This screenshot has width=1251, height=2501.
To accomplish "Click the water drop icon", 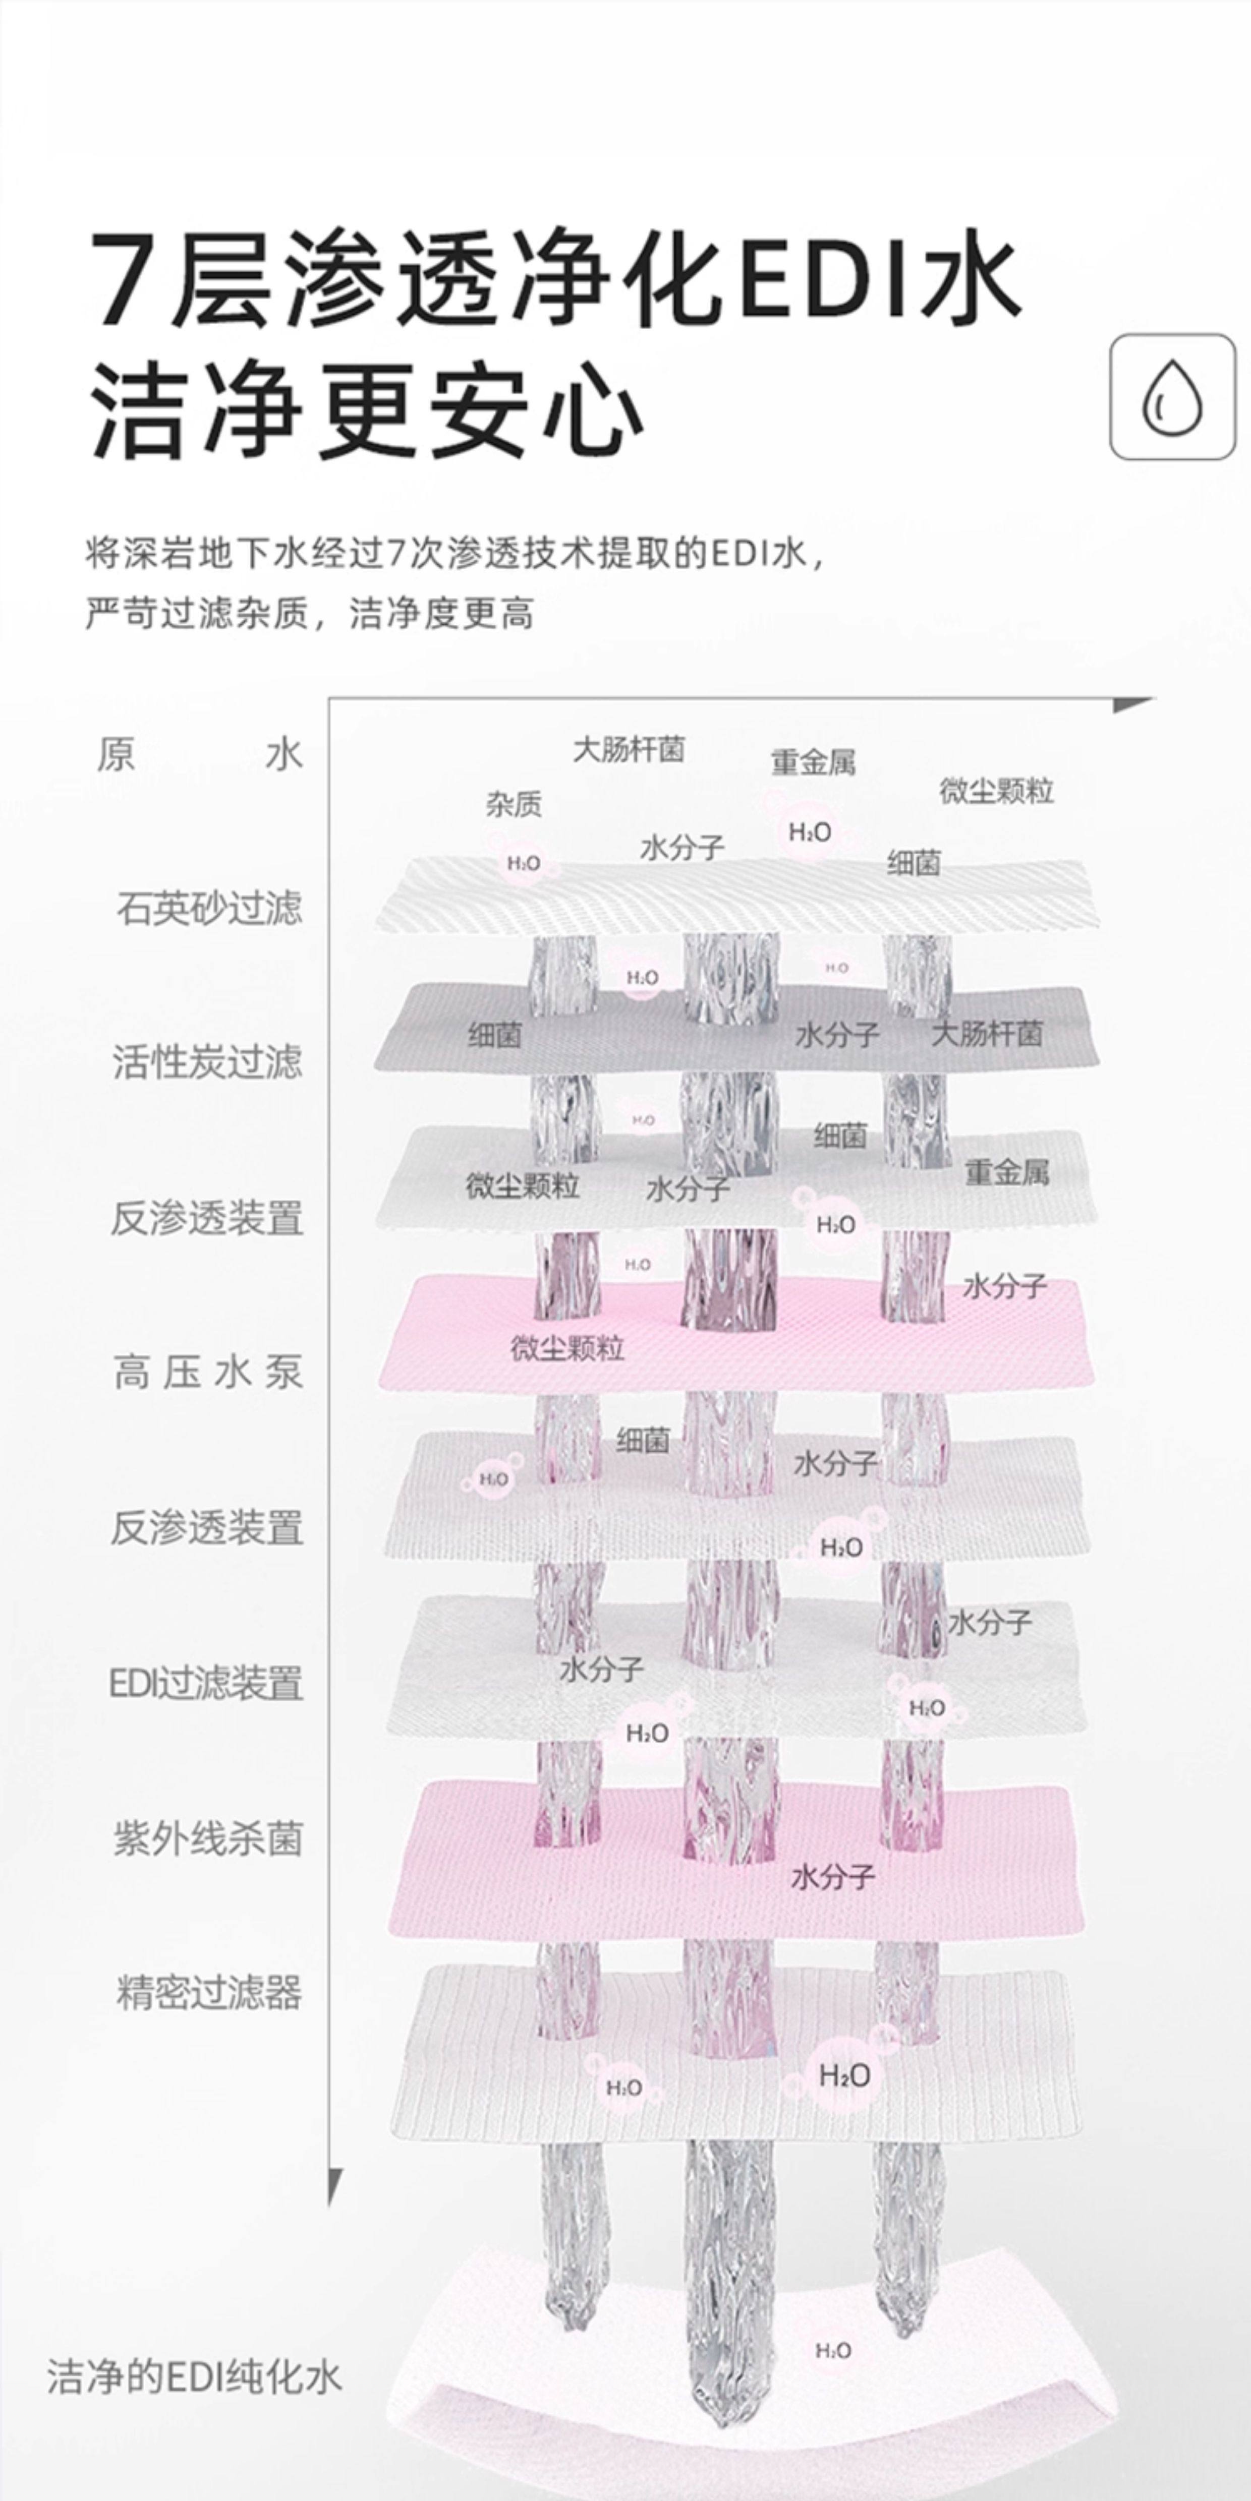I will tap(1172, 397).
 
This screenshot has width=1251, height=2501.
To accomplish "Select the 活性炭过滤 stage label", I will tap(207, 1062).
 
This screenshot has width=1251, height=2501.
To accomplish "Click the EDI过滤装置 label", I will tap(206, 1683).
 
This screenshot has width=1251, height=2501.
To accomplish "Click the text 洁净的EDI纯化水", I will tap(194, 2377).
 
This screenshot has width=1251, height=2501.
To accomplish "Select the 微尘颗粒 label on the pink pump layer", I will tap(567, 1348).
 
